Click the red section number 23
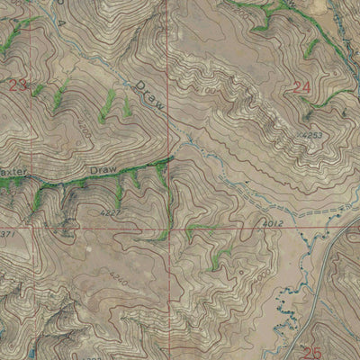coord(18,85)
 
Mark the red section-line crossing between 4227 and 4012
coord(173,226)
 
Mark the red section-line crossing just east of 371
coord(35,226)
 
